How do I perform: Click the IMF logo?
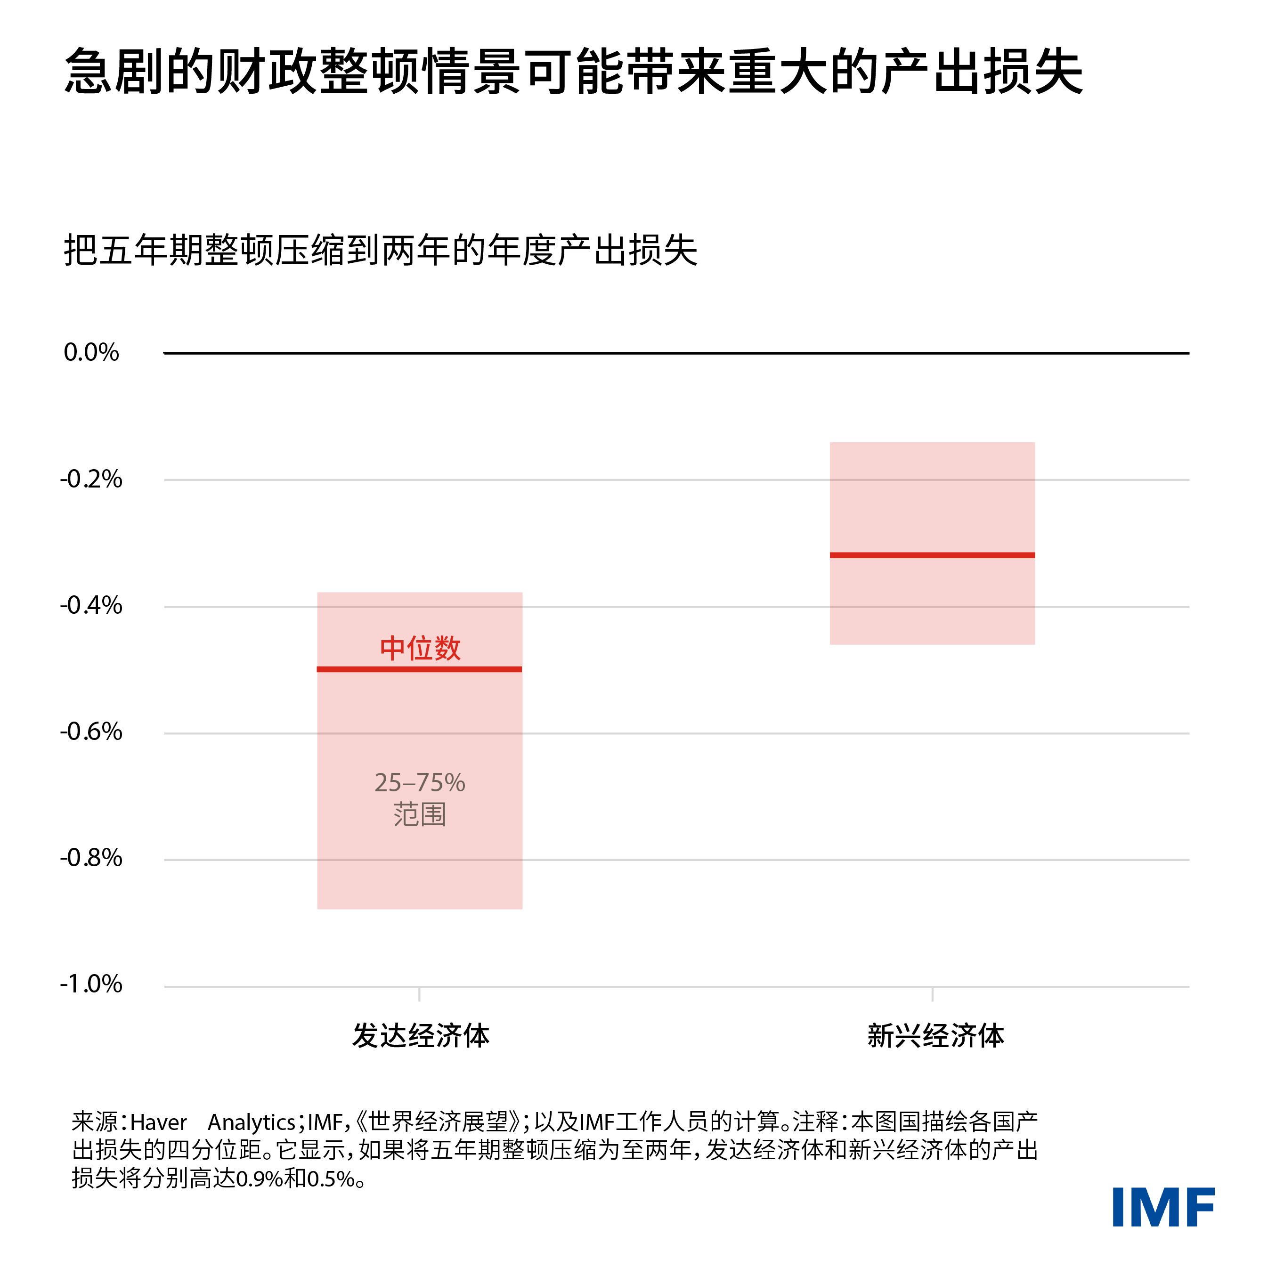1163,1207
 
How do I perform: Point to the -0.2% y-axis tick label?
91,479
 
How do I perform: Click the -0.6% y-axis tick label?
91,732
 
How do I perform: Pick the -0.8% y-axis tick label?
91,858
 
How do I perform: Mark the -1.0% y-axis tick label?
91,984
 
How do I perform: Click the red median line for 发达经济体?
419,669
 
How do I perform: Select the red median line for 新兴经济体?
932,555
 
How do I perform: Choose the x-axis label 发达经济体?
421,1036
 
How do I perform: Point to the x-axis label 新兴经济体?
935,1036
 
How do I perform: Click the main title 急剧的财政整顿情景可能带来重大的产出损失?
573,71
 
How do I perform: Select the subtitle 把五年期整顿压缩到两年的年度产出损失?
381,251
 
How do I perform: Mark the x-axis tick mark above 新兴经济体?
932,994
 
